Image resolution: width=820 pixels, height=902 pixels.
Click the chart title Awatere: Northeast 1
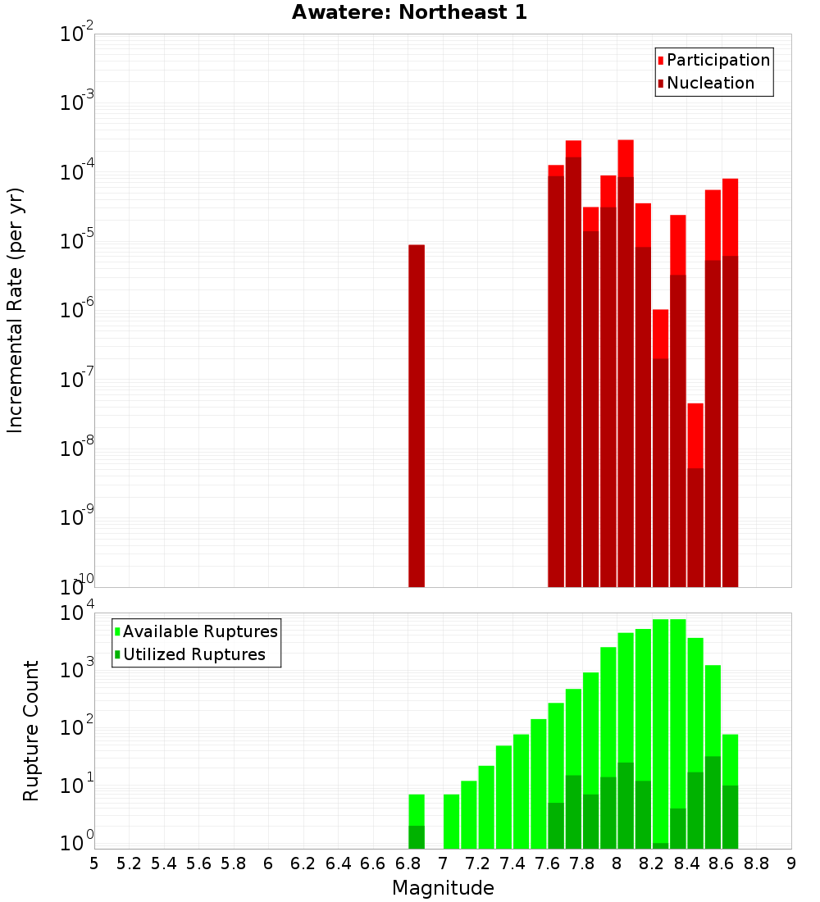click(x=409, y=13)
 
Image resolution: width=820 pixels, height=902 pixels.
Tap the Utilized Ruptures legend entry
click(x=194, y=654)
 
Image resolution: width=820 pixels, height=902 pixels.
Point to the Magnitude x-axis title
click(x=443, y=887)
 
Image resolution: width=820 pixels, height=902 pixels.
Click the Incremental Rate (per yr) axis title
click(x=15, y=310)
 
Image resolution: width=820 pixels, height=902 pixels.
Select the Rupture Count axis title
click(x=31, y=730)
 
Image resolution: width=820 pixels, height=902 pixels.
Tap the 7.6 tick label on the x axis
click(x=547, y=863)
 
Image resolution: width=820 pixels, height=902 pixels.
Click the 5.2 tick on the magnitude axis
click(x=129, y=863)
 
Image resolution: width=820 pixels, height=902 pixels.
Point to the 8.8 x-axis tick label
click(x=756, y=863)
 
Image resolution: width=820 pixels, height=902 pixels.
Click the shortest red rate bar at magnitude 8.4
click(x=695, y=435)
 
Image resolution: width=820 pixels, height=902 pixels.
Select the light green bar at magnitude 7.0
click(x=451, y=821)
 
